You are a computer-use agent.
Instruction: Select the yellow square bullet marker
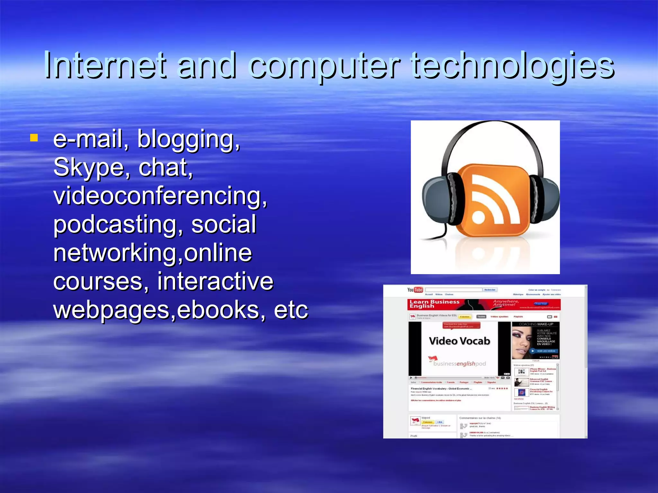[x=34, y=138]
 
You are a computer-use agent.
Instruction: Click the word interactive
[x=215, y=281]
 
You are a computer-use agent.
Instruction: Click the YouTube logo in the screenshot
[x=415, y=290]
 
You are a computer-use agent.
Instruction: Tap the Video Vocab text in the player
[x=459, y=341]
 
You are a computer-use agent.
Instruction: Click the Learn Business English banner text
[x=434, y=304]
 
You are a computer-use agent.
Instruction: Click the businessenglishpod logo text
[x=459, y=364]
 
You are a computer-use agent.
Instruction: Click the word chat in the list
[x=165, y=168]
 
